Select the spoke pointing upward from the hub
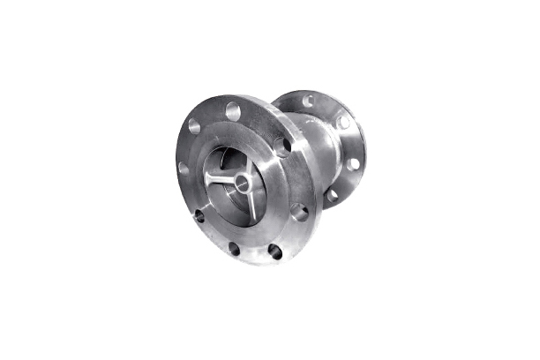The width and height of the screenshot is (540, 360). click(x=248, y=164)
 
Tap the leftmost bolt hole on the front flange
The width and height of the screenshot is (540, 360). click(x=184, y=168)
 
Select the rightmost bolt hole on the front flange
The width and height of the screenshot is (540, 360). click(x=300, y=212)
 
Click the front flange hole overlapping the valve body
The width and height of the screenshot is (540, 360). click(x=281, y=146)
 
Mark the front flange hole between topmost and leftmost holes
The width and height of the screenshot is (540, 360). click(x=195, y=126)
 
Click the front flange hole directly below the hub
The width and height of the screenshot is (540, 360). click(x=234, y=248)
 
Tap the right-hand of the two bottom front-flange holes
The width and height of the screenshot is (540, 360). click(x=275, y=251)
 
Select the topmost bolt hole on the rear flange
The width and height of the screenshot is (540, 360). click(x=309, y=101)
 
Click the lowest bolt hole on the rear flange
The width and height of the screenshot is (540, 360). click(x=333, y=194)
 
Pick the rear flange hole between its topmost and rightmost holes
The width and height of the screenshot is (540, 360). click(x=342, y=122)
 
